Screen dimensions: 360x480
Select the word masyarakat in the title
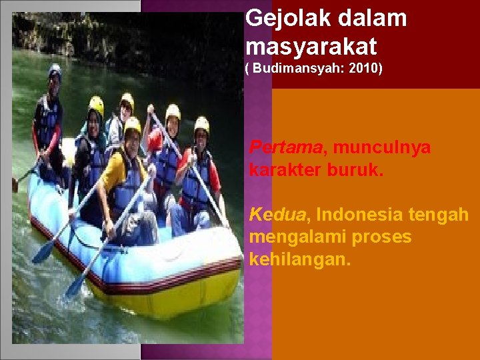click(311, 47)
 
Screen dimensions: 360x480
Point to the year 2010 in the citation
click(366, 69)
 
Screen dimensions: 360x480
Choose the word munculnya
click(382, 147)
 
